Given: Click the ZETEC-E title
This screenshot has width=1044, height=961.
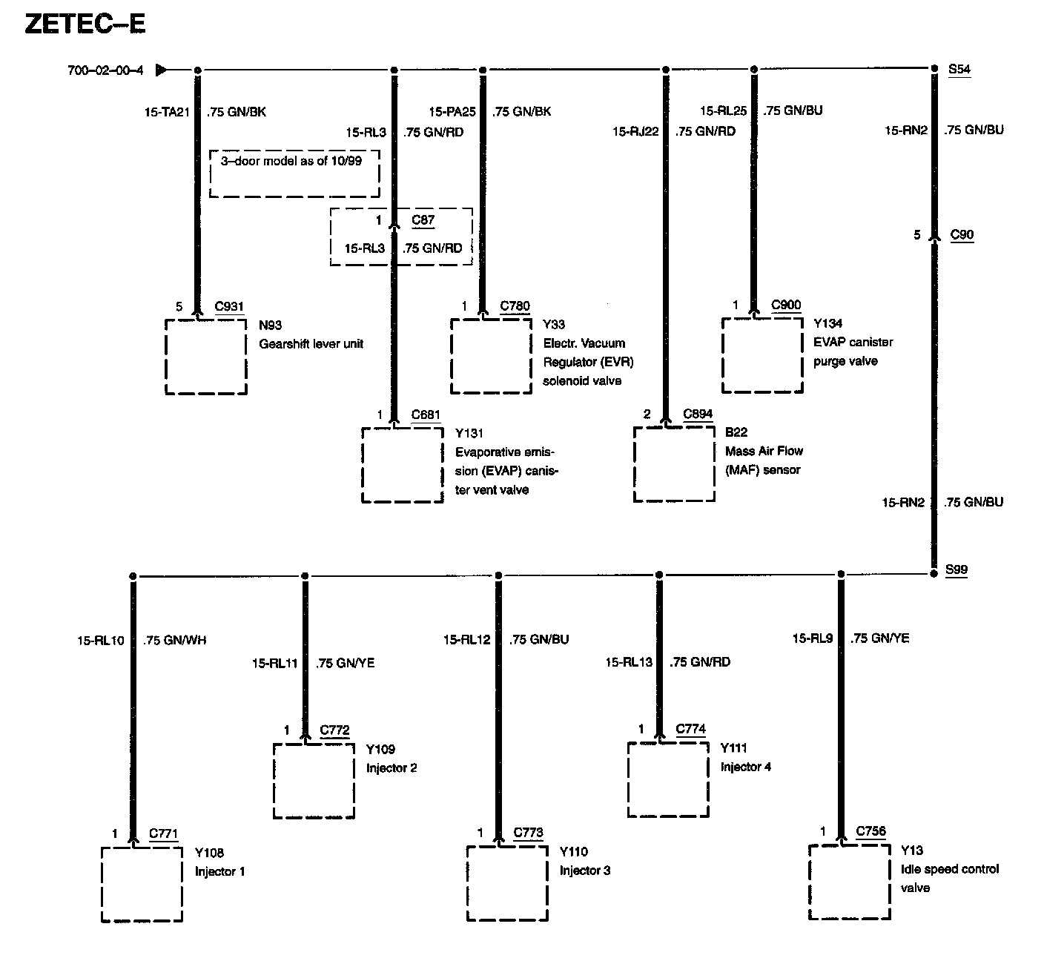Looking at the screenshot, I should point(85,24).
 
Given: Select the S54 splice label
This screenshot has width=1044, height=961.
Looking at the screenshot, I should point(959,70).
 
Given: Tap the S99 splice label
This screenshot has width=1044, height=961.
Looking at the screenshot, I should point(956,570).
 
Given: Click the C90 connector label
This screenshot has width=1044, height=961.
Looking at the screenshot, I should point(962,235).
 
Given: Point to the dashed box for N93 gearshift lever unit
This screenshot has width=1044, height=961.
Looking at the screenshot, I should point(205,357).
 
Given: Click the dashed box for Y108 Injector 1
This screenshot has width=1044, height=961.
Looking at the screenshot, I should point(142,884).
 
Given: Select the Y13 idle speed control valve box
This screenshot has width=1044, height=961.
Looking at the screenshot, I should point(849,882).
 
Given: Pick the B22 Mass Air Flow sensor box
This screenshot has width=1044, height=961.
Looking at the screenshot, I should point(674,464).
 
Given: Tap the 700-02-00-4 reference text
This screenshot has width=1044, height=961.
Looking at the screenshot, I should point(105,70).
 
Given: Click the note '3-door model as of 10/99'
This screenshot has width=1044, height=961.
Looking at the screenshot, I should point(291,161).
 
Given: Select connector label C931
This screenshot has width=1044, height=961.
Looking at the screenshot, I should point(229,306).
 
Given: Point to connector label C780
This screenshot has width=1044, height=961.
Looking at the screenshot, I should point(515,306).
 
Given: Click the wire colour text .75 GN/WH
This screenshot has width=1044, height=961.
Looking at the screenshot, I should point(175,640).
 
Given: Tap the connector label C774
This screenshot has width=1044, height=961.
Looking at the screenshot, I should point(690,729).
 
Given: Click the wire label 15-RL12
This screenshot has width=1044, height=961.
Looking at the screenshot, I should point(467,639).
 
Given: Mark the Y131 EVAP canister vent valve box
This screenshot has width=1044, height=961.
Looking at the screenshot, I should point(403,465).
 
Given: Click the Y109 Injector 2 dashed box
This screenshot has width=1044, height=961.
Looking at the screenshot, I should point(314,781).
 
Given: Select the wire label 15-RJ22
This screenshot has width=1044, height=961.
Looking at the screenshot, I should point(635,131).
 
